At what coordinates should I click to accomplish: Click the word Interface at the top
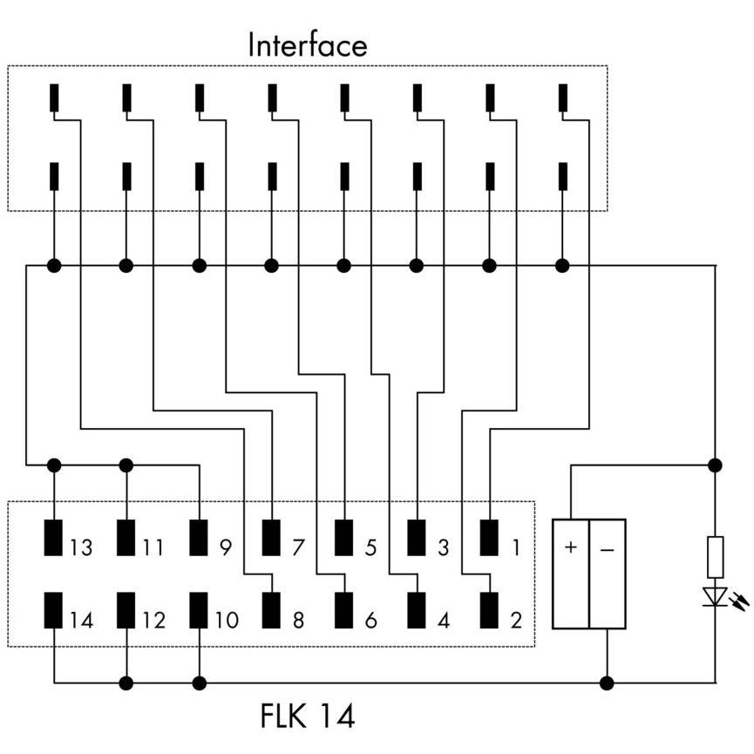pyautogui.click(x=308, y=45)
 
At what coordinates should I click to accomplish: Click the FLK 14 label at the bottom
pyautogui.click(x=308, y=716)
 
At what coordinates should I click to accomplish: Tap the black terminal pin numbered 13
pyautogui.click(x=53, y=538)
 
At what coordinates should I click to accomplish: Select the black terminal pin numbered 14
pyautogui.click(x=53, y=610)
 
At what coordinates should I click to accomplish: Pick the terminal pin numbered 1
pyautogui.click(x=489, y=538)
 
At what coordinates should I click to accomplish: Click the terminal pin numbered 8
pyautogui.click(x=271, y=610)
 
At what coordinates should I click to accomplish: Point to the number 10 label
pyautogui.click(x=227, y=620)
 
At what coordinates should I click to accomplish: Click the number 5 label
pyautogui.click(x=370, y=547)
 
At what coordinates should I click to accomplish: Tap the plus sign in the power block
pyautogui.click(x=571, y=547)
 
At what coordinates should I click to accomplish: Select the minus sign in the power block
pyautogui.click(x=608, y=549)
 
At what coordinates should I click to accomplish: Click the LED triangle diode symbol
pyautogui.click(x=715, y=596)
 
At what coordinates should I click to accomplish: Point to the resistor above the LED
pyautogui.click(x=715, y=557)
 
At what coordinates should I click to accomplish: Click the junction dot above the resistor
pyautogui.click(x=715, y=465)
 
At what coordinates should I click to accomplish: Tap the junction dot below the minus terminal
pyautogui.click(x=607, y=683)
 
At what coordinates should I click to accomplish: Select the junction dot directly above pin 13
pyautogui.click(x=54, y=465)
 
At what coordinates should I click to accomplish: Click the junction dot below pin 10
pyautogui.click(x=199, y=683)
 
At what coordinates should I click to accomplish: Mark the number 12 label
pyautogui.click(x=154, y=620)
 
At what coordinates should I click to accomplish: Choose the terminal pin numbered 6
pyautogui.click(x=343, y=610)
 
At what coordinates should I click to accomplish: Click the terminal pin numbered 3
pyautogui.click(x=417, y=538)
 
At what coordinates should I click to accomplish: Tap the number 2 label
pyautogui.click(x=516, y=620)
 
